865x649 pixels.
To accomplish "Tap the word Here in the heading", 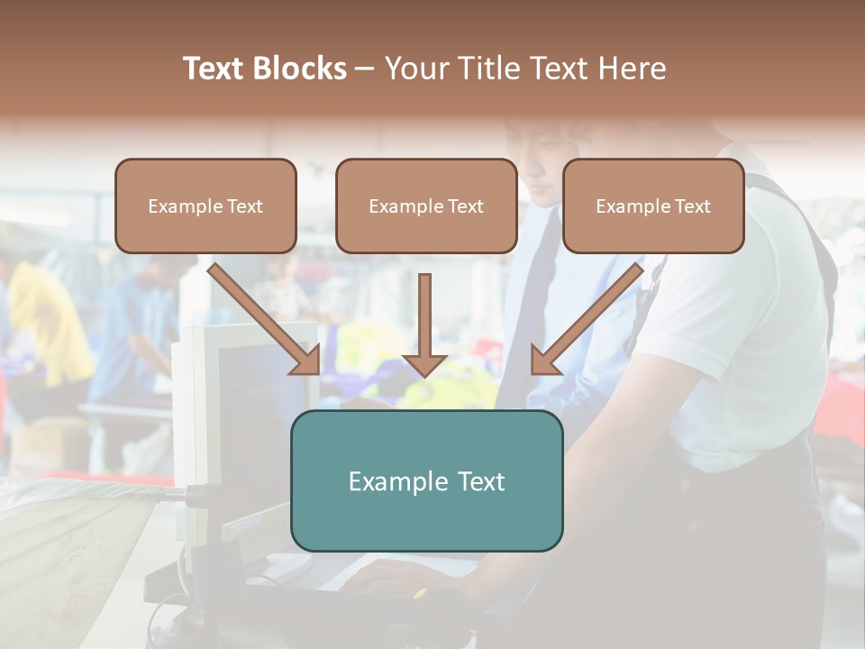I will point(632,69).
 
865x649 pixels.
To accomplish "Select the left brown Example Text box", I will point(205,206).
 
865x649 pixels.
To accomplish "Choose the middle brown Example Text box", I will point(426,206).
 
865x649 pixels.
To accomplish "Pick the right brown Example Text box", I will point(653,206).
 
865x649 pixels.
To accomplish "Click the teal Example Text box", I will point(426,480).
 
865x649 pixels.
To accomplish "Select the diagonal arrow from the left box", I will point(266,320).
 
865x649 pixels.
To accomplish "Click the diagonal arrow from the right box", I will point(587,320).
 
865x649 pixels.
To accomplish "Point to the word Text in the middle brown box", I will point(466,206).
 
